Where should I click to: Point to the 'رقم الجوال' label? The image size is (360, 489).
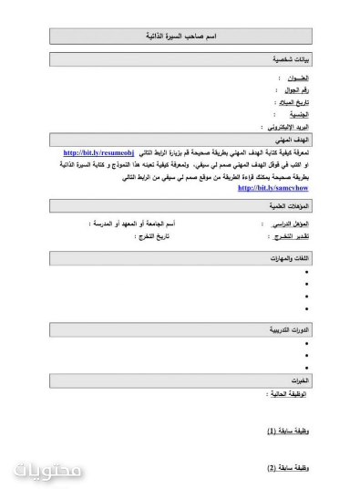pyautogui.click(x=293, y=91)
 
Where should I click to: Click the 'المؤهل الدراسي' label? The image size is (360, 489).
pyautogui.click(x=290, y=224)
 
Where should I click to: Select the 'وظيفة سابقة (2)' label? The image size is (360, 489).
pyautogui.click(x=288, y=468)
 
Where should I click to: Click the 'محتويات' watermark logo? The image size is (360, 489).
pyautogui.click(x=49, y=471)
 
